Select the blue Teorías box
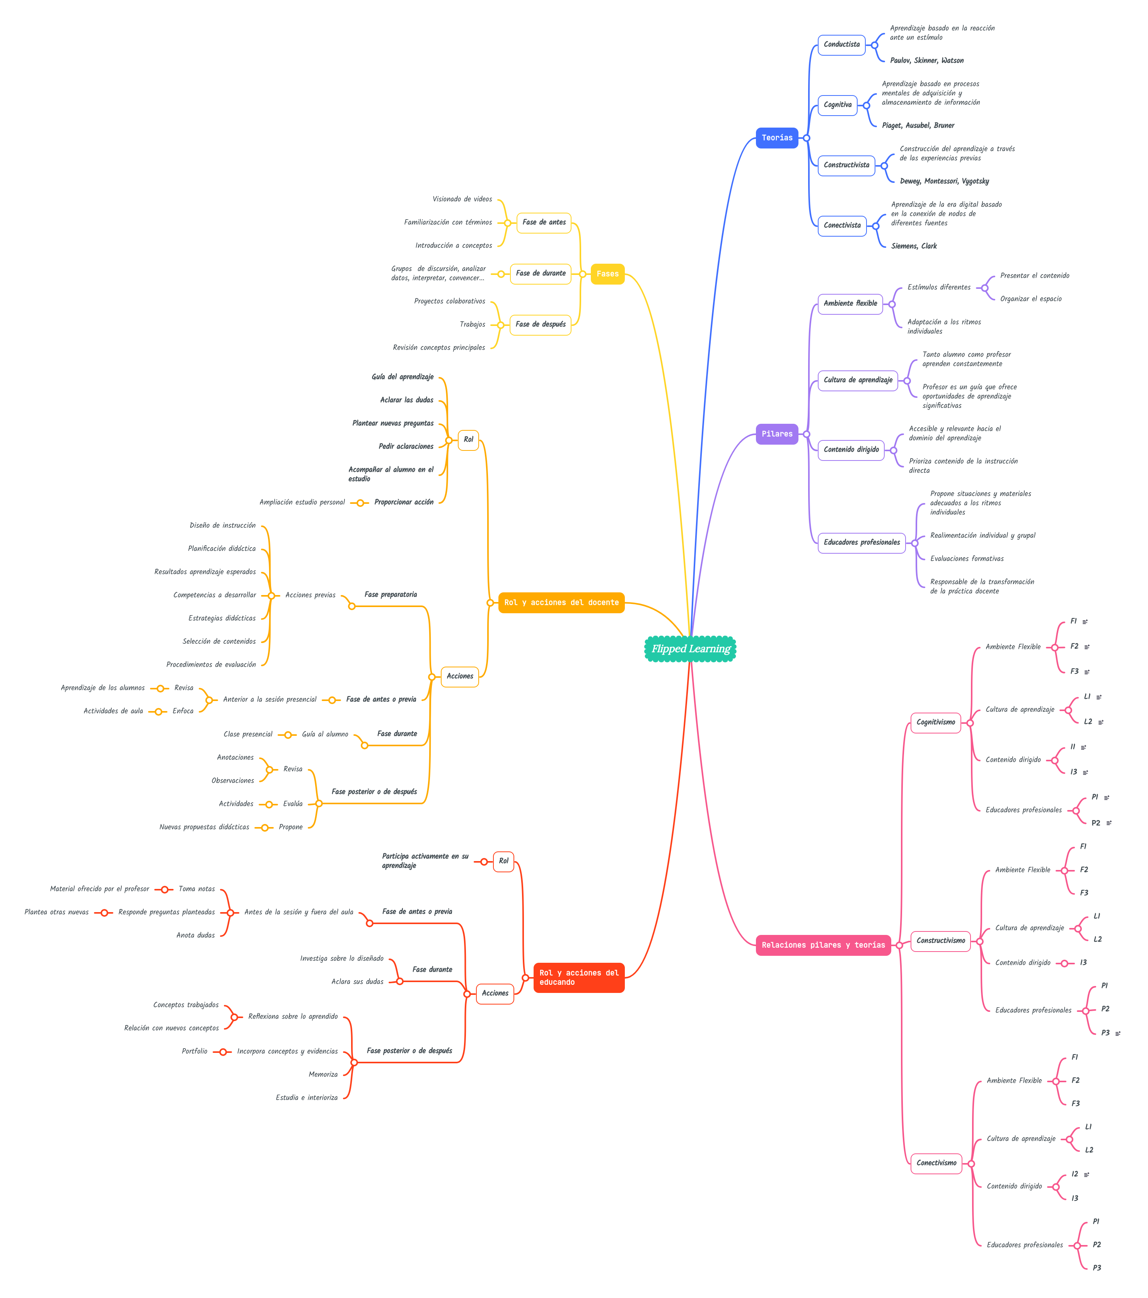(776, 138)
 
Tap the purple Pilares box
(776, 434)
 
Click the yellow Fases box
(607, 274)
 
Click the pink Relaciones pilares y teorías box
(823, 945)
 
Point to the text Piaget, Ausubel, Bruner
(918, 126)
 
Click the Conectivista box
(841, 225)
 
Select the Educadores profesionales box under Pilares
(861, 542)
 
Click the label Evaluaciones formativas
(966, 559)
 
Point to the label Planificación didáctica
(222, 549)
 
